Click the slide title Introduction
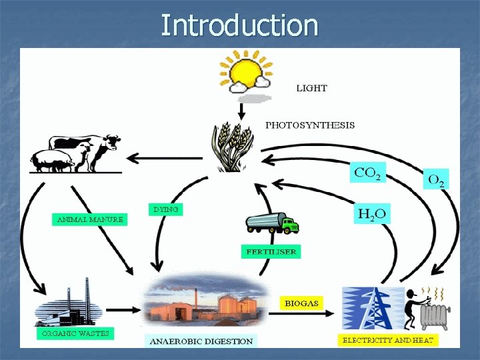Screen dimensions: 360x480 click(x=240, y=25)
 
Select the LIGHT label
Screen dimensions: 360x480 click(x=312, y=87)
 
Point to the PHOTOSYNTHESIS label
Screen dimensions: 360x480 click(x=310, y=125)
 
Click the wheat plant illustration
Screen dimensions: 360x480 click(x=231, y=147)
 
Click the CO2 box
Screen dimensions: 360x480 click(x=368, y=173)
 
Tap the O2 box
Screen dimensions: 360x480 click(x=437, y=180)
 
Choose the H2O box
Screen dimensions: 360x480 click(x=373, y=214)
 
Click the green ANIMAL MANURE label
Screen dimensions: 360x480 click(x=89, y=219)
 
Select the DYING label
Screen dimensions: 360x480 click(x=165, y=209)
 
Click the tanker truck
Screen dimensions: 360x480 click(x=272, y=223)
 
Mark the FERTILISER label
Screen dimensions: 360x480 click(x=270, y=252)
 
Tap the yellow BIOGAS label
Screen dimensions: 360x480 click(x=301, y=303)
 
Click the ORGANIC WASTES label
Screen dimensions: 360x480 click(x=75, y=332)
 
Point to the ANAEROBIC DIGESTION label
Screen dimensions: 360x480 click(x=201, y=341)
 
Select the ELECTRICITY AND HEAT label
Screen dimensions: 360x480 click(x=387, y=340)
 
